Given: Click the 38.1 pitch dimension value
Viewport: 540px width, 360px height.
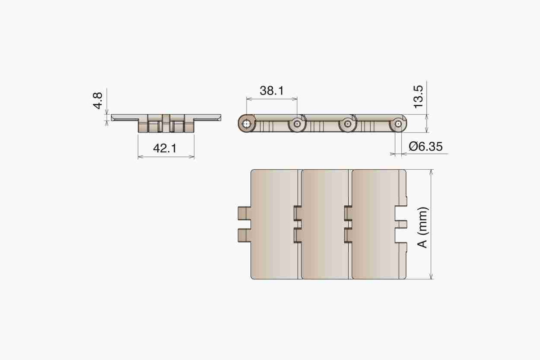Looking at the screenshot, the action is tap(272, 90).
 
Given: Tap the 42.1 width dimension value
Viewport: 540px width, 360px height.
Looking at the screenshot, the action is tap(165, 148).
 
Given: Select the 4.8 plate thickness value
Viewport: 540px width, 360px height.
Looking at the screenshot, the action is tap(98, 100).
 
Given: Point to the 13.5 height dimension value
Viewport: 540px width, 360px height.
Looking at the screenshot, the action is tap(418, 97).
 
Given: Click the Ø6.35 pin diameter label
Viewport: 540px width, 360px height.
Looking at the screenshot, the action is tap(426, 147).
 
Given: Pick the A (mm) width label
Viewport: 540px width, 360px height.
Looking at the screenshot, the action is tap(423, 227).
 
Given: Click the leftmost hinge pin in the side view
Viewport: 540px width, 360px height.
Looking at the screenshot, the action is tap(247, 124).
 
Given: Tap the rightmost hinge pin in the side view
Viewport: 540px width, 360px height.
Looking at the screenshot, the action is tap(398, 124).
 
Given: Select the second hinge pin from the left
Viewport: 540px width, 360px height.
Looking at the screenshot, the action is tap(297, 124).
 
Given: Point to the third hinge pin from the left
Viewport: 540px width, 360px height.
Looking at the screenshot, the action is tap(347, 124).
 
